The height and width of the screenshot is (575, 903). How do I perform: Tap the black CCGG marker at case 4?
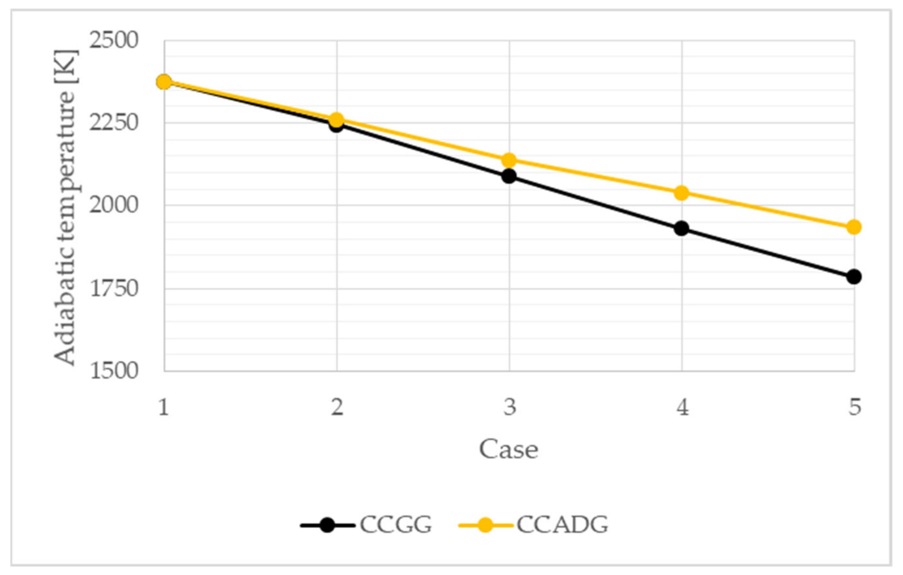681,228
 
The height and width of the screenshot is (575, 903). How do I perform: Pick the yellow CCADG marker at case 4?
681,193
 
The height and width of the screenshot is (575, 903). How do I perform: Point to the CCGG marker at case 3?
509,176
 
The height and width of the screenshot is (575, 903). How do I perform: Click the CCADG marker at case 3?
509,160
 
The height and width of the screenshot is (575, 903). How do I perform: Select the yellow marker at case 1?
164,82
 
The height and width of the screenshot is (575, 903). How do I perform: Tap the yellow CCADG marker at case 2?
337,120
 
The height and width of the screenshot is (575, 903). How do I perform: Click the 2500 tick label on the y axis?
114,40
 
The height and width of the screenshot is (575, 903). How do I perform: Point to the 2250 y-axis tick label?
114,123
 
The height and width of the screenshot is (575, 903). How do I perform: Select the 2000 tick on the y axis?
114,205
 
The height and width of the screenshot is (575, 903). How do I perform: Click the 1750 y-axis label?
114,289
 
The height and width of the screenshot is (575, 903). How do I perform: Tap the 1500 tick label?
114,371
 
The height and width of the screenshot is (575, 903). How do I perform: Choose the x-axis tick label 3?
509,407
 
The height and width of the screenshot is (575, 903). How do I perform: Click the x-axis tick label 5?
855,407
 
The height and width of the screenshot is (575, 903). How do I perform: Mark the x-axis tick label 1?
163,407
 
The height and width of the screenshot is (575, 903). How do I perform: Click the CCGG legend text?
396,525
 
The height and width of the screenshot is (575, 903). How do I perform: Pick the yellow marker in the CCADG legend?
485,525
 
